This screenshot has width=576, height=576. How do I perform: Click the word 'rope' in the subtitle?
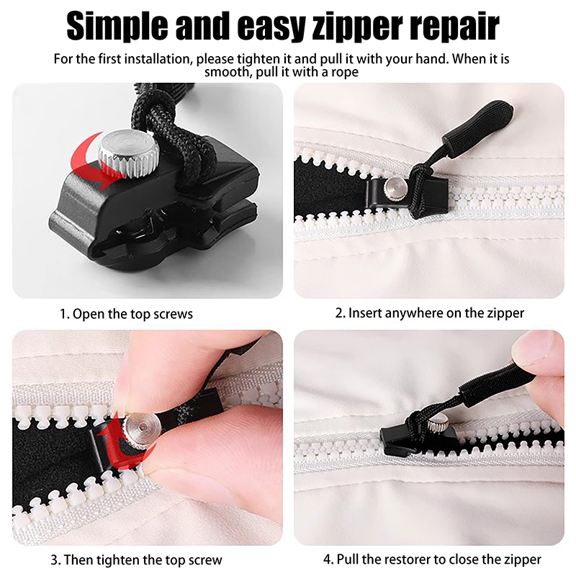(345, 71)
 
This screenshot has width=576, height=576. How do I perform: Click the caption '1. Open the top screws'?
(126, 314)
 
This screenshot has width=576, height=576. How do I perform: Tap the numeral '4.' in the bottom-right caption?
(329, 559)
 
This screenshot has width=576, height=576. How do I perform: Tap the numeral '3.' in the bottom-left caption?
(55, 560)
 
